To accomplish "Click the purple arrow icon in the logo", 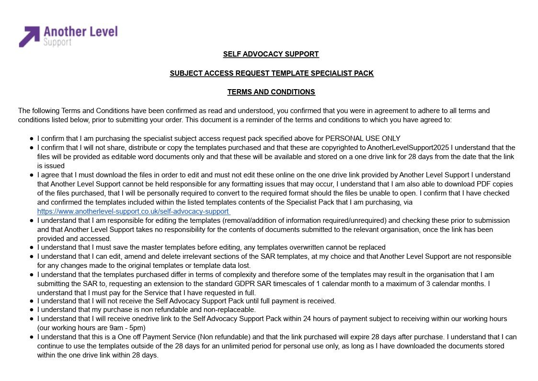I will [x=29, y=36].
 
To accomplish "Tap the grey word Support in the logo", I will [x=57, y=42].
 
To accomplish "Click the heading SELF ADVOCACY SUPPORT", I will [x=271, y=54].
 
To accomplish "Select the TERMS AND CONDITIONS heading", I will [x=271, y=92].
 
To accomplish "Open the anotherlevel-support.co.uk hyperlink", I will [x=133, y=211].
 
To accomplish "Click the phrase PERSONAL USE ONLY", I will [x=363, y=139].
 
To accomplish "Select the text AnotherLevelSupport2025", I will [x=408, y=148].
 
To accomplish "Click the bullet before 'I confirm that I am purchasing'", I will [x=32, y=139].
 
